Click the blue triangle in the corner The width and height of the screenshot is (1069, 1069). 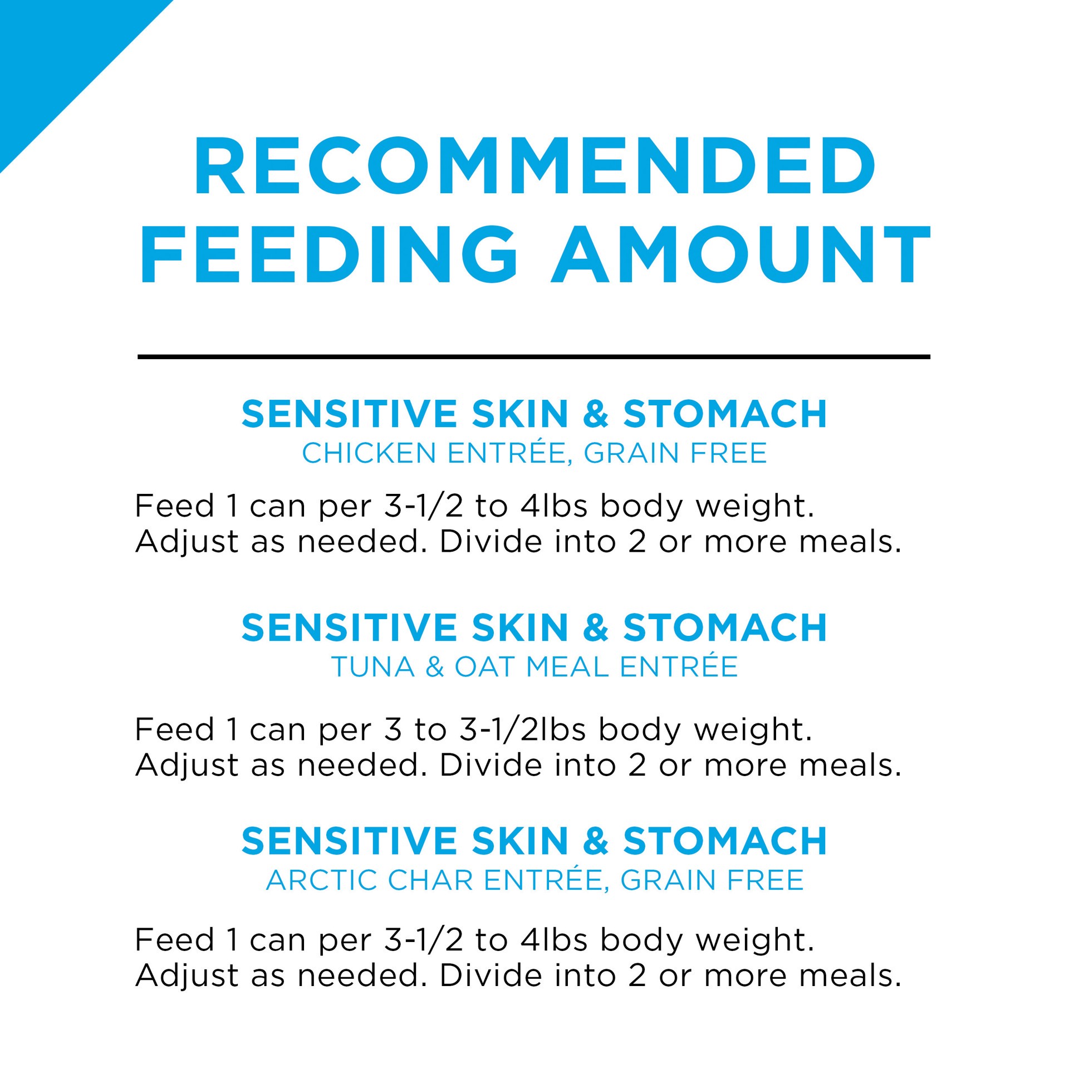56,56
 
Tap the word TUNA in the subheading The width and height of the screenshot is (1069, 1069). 373,667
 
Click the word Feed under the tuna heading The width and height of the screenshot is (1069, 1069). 174,729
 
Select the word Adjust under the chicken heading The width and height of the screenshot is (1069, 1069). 187,543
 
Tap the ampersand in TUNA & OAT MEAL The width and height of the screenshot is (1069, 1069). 434,667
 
